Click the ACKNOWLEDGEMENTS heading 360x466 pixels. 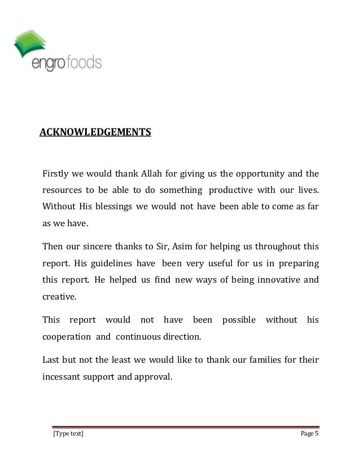[x=95, y=133]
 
